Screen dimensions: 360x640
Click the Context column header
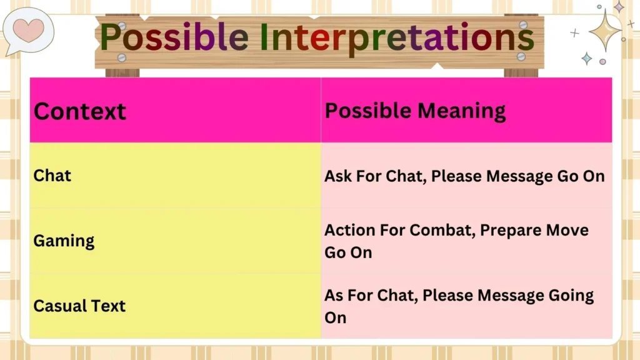[80, 111]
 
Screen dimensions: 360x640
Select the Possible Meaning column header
[415, 111]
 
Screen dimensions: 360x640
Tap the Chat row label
[52, 176]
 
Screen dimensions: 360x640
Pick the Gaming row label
[64, 241]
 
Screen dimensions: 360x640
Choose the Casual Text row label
[79, 306]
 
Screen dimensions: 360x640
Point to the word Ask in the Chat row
[338, 176]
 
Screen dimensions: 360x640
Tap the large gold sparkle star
[604, 29]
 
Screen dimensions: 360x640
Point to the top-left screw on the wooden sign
[122, 26]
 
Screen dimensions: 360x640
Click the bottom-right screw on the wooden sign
[520, 56]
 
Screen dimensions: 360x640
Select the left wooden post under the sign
[122, 71]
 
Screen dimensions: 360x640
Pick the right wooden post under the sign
[521, 71]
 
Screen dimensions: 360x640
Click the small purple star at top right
[619, 7]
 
